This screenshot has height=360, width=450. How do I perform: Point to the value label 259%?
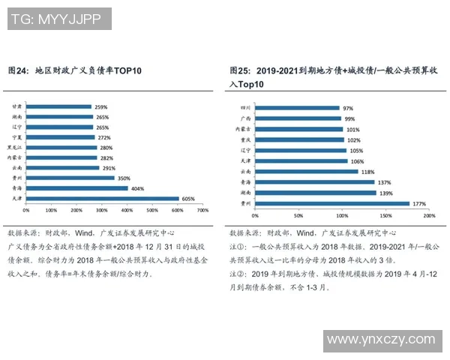[x=101, y=106]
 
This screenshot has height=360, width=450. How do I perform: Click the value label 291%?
[x=109, y=168]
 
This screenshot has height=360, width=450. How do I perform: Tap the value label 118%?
[x=369, y=172]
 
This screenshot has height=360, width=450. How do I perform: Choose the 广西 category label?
[x=244, y=118]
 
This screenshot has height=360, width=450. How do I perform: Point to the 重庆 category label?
[x=244, y=139]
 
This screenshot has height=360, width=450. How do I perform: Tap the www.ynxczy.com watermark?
[x=380, y=341]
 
